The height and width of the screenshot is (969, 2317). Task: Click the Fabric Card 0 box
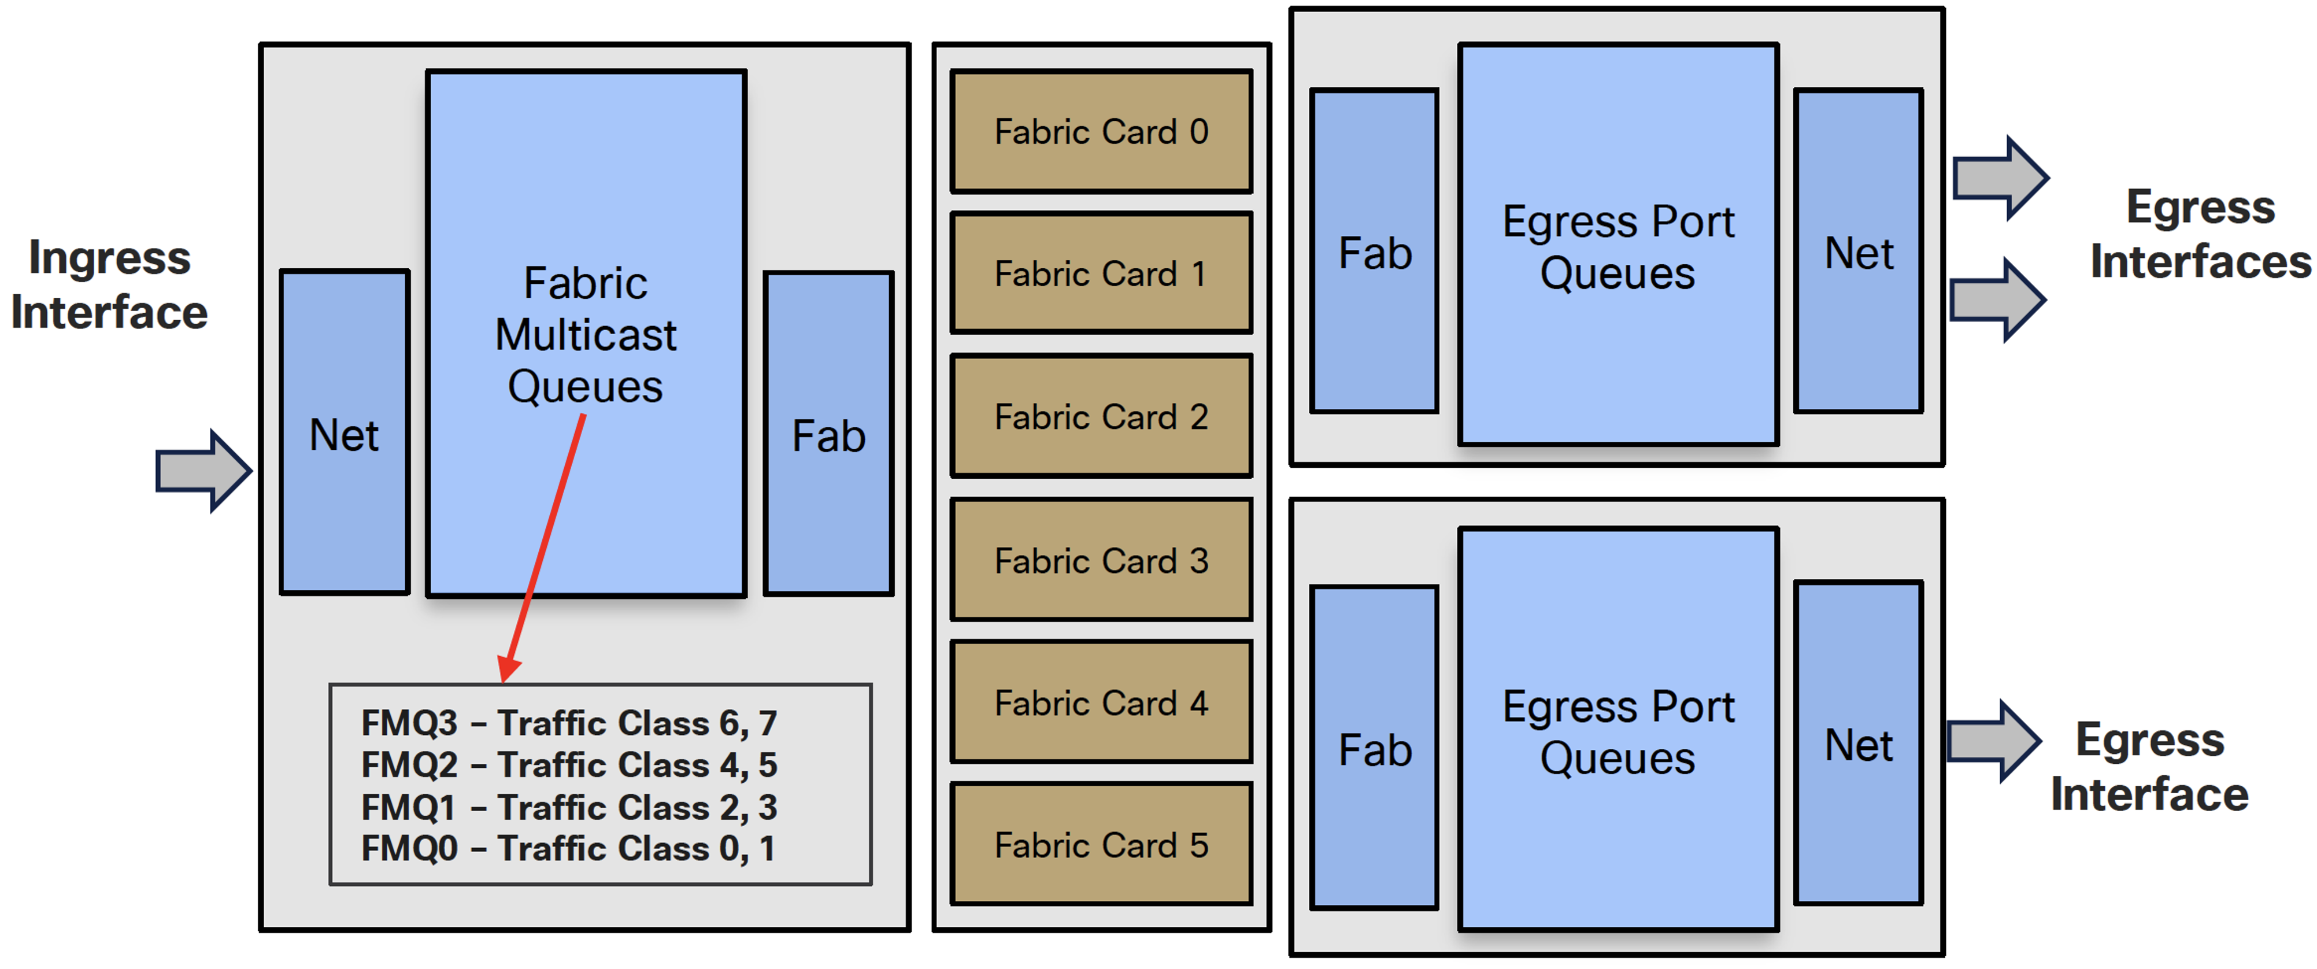click(x=1101, y=131)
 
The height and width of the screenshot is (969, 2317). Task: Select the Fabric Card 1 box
click(x=1101, y=273)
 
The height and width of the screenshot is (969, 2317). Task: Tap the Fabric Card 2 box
click(x=1101, y=416)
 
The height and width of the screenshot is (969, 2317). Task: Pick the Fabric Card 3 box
click(x=1101, y=560)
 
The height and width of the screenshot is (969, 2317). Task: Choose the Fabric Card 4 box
click(x=1101, y=702)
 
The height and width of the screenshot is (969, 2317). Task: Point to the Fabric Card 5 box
click(x=1101, y=844)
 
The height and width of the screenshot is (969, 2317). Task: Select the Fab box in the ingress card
click(x=828, y=434)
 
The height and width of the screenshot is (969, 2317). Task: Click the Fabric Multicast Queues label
click(x=586, y=335)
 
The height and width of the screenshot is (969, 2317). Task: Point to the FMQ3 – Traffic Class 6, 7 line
click(x=568, y=723)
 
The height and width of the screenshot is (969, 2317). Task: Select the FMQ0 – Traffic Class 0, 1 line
click(x=568, y=848)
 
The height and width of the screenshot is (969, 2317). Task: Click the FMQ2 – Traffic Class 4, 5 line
click(x=568, y=765)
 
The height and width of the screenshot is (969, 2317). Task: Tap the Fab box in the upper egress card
click(x=1374, y=251)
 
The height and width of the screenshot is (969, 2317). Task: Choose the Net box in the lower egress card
click(x=1858, y=743)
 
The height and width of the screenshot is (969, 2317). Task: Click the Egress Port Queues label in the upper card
click(x=1618, y=247)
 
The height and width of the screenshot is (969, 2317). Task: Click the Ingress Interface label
click(x=110, y=284)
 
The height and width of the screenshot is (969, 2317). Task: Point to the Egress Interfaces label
click(x=2200, y=234)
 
